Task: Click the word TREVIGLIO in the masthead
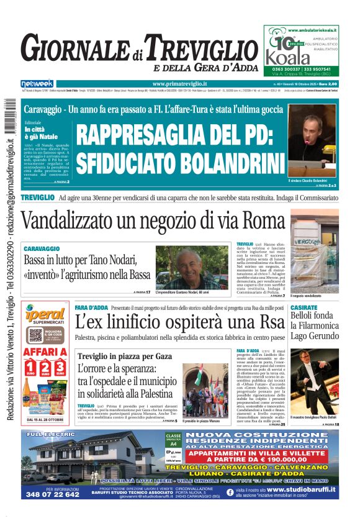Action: point(198,48)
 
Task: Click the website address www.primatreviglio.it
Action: point(179,84)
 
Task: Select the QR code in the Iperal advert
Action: point(35,335)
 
